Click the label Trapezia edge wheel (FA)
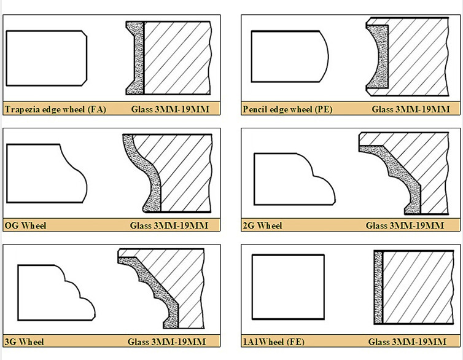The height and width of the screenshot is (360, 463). (55, 110)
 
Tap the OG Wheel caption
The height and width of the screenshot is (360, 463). (25, 225)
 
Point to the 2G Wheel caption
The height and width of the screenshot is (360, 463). (262, 225)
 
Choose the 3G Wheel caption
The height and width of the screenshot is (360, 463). (24, 342)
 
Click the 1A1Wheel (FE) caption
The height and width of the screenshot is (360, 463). (273, 342)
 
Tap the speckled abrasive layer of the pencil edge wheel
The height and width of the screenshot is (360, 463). (375, 55)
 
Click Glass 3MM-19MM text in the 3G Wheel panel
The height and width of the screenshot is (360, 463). (167, 342)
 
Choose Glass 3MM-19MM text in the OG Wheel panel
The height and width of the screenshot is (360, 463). (169, 225)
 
